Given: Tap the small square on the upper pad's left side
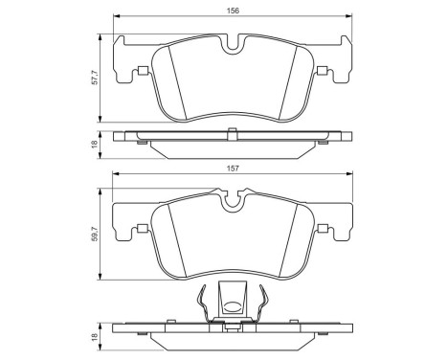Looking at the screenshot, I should point(142,68).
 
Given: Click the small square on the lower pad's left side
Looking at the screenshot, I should point(141,227).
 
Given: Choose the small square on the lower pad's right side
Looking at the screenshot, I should point(323,227).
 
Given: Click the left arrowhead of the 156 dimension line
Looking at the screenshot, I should point(118,17).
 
